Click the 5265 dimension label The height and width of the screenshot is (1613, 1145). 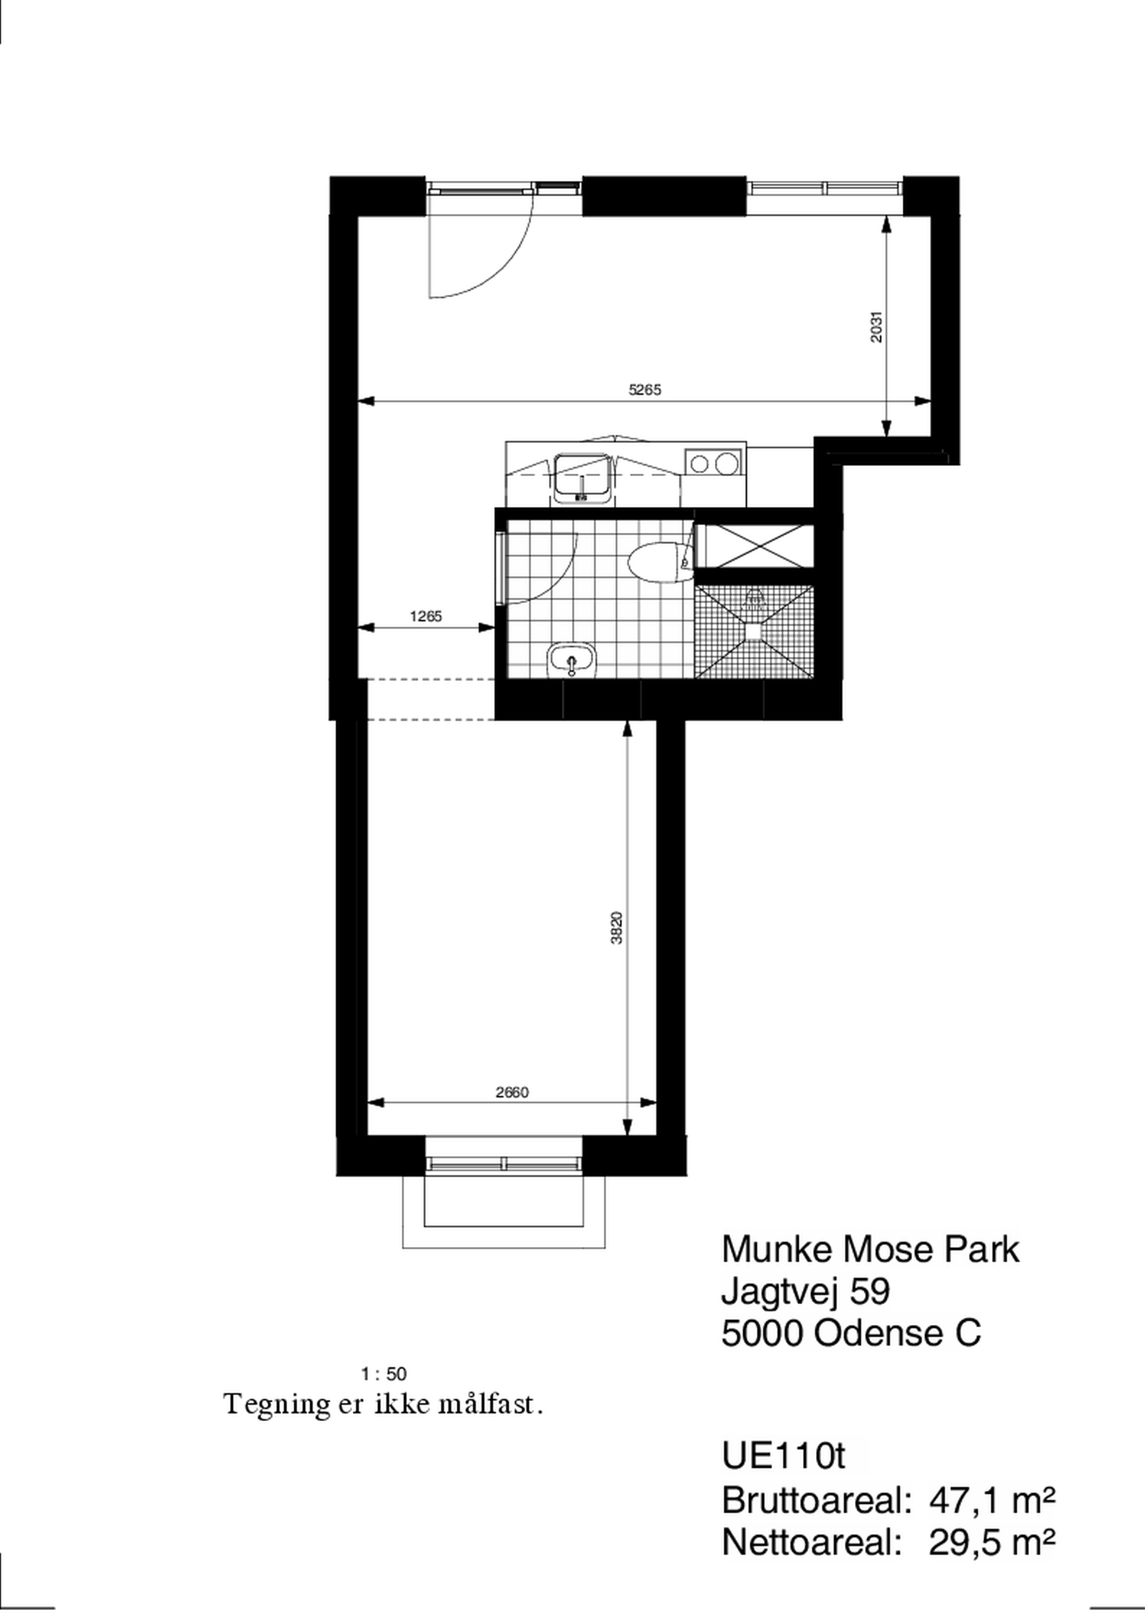point(645,389)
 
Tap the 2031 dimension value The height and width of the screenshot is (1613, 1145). point(875,327)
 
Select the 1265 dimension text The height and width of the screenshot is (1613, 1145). point(426,616)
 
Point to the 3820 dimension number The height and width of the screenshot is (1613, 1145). point(616,928)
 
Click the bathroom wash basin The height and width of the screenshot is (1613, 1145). point(572,661)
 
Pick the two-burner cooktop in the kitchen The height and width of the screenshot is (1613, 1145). point(712,463)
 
